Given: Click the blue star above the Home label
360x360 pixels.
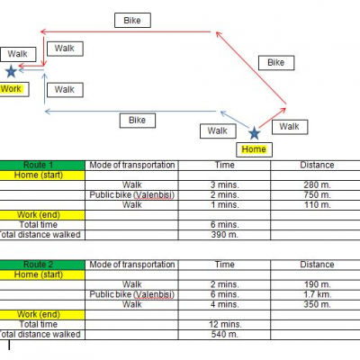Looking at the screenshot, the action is pos(254,133).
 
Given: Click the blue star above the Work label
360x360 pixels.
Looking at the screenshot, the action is pos(11,71).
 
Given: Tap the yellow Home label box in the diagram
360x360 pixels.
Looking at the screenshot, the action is pos(254,149).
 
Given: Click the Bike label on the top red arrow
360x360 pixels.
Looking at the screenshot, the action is pos(132,21).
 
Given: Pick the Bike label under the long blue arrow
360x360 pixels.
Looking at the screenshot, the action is pos(138,121).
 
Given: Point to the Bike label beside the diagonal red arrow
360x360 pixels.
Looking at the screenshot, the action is pos(276,63).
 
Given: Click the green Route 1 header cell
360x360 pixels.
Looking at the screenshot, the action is pos(42,165).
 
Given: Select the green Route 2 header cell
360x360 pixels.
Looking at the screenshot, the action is pos(42,265).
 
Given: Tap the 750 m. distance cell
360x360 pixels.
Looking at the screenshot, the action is pos(317,195).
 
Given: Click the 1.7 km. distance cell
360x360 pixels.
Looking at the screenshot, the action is pos(317,294).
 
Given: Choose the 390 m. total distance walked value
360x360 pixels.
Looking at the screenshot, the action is pos(224,235).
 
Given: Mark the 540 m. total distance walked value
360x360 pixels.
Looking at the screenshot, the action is pos(224,335).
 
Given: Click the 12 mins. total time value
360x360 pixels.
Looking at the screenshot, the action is pos(225,324).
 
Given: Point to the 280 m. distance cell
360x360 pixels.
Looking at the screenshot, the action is pos(317,185).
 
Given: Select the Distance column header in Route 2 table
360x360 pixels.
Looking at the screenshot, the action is pos(317,265).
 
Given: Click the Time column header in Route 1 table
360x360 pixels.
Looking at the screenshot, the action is pos(224,165).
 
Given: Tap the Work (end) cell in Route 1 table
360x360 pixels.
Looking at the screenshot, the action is pos(39,215).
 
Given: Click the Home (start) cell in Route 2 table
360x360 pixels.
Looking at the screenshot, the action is pos(39,274).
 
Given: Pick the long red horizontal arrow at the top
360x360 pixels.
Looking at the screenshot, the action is pos(125,31).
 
